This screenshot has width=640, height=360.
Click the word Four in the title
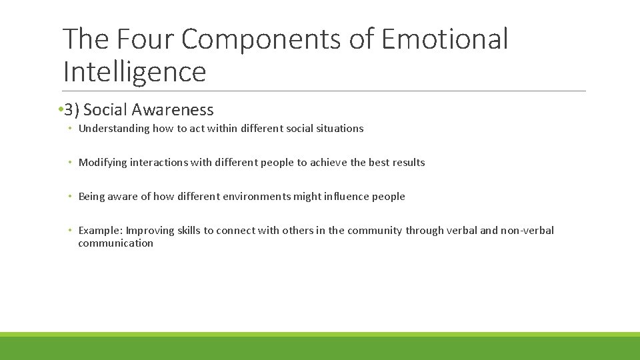pyautogui.click(x=145, y=39)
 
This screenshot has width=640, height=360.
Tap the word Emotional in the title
pyautogui.click(x=445, y=39)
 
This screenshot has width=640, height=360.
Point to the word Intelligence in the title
pyautogui.click(x=135, y=71)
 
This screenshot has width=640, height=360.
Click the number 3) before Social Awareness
pyautogui.click(x=73, y=110)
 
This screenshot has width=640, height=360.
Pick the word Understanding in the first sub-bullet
pyautogui.click(x=114, y=129)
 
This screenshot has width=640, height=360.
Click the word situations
pyautogui.click(x=339, y=129)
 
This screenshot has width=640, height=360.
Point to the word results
pyautogui.click(x=407, y=163)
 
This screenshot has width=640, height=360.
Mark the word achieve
pyautogui.click(x=330, y=163)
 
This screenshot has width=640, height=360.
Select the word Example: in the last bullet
pyautogui.click(x=101, y=231)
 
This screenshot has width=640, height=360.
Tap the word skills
pyautogui.click(x=189, y=231)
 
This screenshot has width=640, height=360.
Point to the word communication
pyautogui.click(x=115, y=243)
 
